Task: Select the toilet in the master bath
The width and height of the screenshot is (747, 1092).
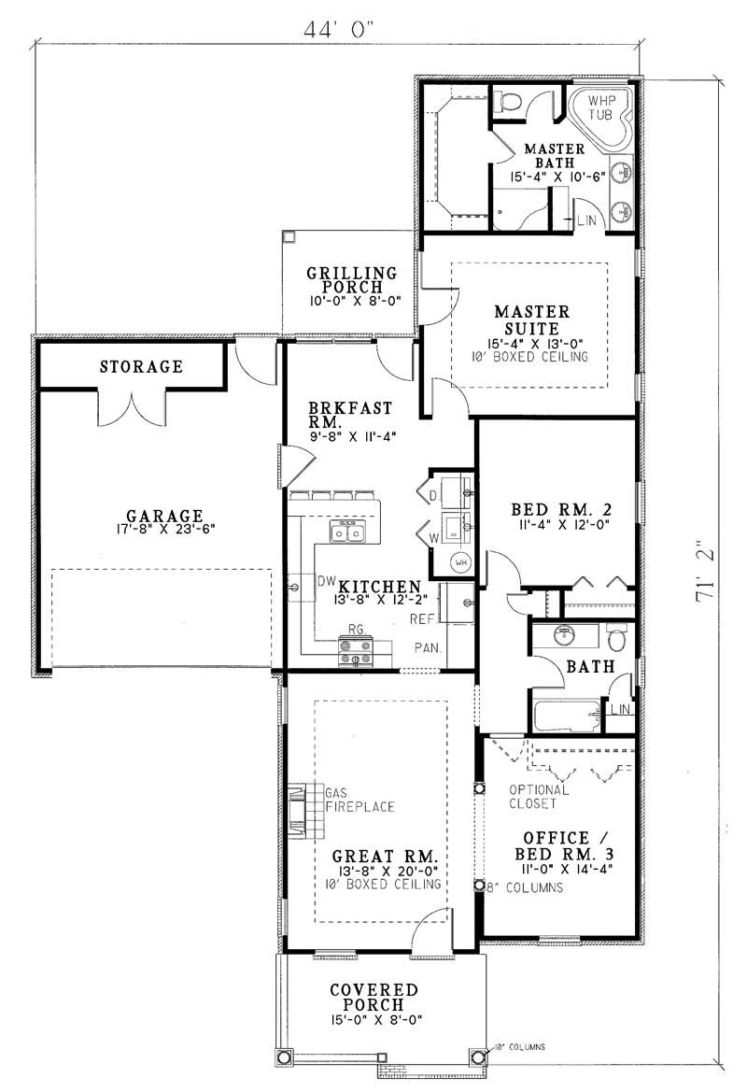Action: (x=509, y=100)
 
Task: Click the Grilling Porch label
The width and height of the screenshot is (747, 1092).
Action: (x=351, y=280)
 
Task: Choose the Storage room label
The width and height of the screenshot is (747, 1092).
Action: (x=141, y=366)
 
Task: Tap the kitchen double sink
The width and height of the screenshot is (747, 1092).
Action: (x=346, y=532)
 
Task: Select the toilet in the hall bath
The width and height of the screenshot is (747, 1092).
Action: (x=615, y=640)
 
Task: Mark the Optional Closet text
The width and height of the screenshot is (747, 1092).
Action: (x=532, y=796)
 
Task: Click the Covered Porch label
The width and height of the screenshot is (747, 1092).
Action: (x=373, y=997)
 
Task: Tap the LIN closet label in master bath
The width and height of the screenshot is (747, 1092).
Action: (x=585, y=220)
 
